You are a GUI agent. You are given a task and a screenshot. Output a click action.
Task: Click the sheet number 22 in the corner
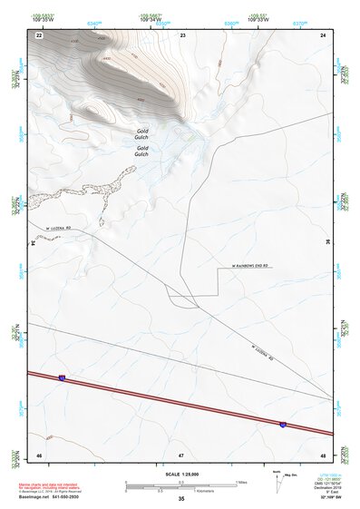coord(39,34)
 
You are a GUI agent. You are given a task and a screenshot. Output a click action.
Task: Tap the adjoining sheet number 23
coord(182,34)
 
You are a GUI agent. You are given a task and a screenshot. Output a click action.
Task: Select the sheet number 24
coord(324,34)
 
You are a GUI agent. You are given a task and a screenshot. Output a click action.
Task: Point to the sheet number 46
coord(39,453)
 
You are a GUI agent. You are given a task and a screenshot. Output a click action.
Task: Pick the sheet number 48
coord(324,453)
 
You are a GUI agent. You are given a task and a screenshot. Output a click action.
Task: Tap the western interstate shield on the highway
coord(62,377)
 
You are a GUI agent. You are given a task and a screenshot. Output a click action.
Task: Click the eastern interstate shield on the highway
coord(283,424)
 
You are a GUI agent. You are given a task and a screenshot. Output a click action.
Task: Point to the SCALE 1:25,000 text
coord(181,474)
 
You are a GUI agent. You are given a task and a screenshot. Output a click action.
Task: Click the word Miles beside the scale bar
coord(241,482)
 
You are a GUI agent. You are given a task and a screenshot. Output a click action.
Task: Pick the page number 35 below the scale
coord(181,499)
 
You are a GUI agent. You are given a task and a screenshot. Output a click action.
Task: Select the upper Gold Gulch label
coord(142,132)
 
